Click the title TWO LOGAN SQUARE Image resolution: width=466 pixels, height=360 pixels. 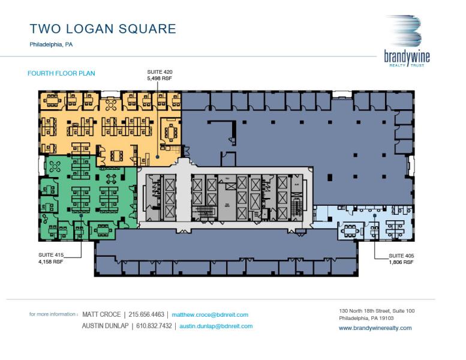[103, 29]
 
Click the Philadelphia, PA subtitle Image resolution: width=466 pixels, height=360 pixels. [51, 44]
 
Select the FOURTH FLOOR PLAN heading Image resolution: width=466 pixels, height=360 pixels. [61, 73]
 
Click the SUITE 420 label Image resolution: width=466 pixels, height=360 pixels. [160, 72]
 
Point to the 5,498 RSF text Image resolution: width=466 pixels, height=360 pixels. [160, 78]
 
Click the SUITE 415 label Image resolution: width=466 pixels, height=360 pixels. [51, 256]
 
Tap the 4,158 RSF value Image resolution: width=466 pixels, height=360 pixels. [51, 262]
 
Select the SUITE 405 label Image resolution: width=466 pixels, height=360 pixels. [401, 256]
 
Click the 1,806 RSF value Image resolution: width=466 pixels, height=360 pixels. [401, 262]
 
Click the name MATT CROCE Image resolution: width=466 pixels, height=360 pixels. [101, 314]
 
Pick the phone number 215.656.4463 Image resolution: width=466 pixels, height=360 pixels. [148, 314]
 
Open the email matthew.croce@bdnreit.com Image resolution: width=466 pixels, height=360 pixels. [210, 314]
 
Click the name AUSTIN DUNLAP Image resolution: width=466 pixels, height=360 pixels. [105, 326]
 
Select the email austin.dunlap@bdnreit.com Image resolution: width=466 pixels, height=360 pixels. [216, 326]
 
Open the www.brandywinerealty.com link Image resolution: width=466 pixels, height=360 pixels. [375, 328]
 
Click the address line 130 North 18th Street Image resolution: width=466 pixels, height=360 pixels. [377, 311]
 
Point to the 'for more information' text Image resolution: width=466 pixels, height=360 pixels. [53, 314]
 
